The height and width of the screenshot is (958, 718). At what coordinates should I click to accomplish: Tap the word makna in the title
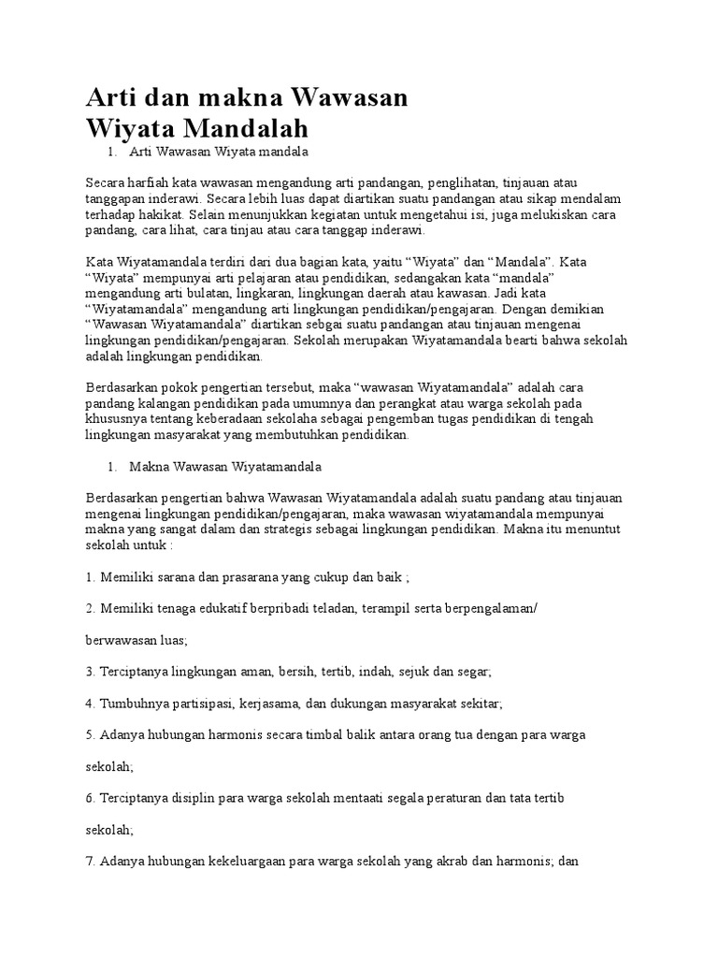[234, 96]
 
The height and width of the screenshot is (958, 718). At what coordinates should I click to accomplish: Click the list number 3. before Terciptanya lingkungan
[91, 672]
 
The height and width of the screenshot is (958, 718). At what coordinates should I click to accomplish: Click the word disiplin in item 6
[211, 798]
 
